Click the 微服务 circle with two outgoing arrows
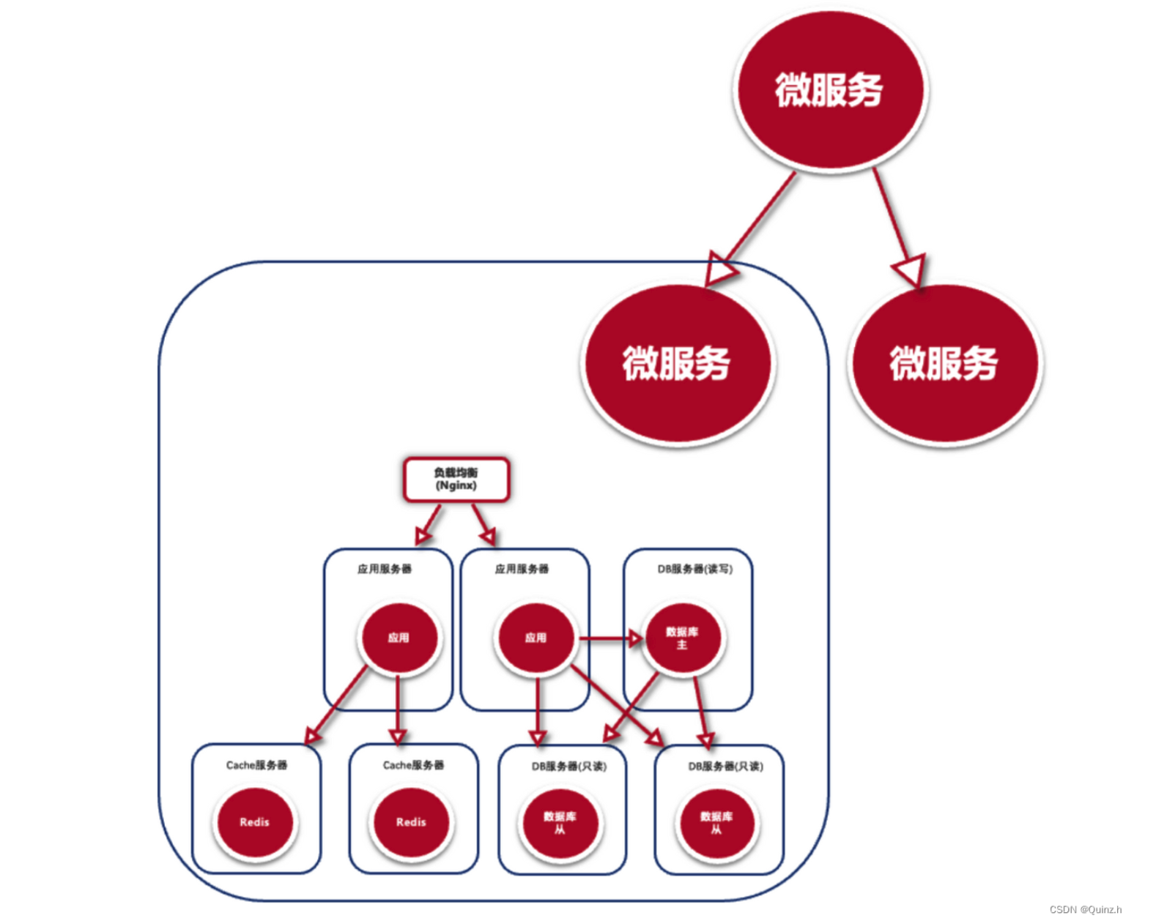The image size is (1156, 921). point(829,90)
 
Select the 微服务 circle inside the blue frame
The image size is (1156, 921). point(676,363)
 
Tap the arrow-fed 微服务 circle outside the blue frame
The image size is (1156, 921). point(944,363)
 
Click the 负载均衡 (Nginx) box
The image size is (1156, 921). point(456,480)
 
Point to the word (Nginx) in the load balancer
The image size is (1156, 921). point(456,486)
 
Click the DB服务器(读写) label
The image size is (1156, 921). point(694,569)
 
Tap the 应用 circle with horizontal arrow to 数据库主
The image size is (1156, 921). point(536,638)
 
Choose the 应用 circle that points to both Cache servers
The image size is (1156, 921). point(399,638)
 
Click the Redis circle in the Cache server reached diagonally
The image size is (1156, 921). point(254,822)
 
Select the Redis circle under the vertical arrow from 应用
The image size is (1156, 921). point(411,822)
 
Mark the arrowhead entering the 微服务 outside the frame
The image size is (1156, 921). point(911,272)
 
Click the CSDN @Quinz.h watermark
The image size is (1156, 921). point(1085,909)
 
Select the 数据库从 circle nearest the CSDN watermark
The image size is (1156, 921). point(716,823)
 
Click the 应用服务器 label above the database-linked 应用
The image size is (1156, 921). point(522,569)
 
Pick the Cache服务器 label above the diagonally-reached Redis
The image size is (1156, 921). point(256,765)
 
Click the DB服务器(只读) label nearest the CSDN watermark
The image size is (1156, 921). point(725,767)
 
